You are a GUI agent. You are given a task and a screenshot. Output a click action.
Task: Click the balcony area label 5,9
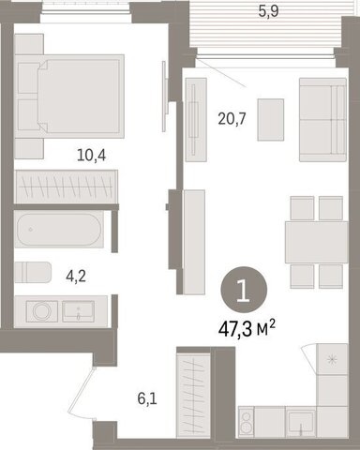pos(268,11)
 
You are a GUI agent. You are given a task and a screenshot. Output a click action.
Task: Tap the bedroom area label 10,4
pos(91,156)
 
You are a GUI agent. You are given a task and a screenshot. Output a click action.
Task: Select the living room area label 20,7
pos(232,119)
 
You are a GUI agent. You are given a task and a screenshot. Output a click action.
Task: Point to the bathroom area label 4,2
pos(76,277)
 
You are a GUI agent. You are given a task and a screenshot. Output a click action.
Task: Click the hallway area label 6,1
pos(147,399)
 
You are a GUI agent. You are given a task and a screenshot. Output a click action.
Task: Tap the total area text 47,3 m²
pos(247,329)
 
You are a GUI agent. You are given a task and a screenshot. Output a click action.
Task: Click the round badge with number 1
pos(244,290)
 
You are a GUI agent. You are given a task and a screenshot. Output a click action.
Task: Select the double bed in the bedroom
pos(69,97)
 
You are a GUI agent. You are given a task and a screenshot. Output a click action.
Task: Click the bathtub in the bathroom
pos(59,230)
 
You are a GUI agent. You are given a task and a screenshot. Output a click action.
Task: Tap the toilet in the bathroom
pos(33,272)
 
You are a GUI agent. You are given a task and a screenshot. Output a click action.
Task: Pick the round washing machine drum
pos(42,311)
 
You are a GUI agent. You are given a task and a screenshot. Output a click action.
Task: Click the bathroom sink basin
pos(78,311)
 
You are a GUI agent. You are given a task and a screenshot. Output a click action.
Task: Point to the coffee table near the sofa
pos(271,120)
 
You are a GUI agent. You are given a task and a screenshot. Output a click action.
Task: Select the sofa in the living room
pos(322,120)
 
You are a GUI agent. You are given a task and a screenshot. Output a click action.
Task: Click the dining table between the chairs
pos(317,242)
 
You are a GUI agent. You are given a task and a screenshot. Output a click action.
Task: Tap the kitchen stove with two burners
pos(247,422)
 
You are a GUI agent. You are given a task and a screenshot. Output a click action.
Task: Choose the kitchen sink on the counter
pos(301,422)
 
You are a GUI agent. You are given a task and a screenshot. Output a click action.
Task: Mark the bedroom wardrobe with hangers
pos(67,187)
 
